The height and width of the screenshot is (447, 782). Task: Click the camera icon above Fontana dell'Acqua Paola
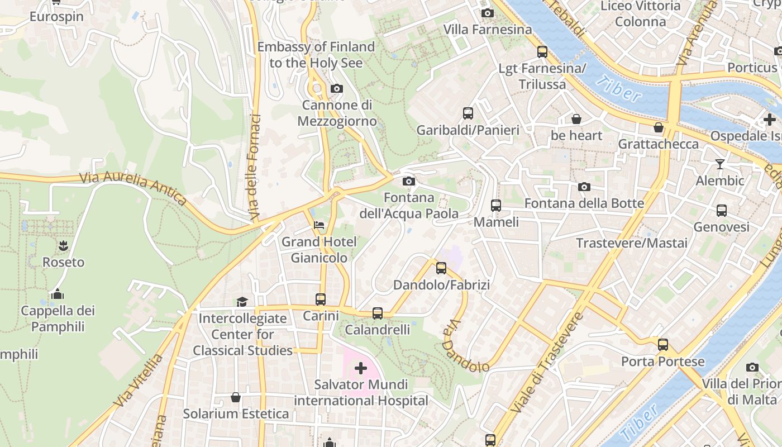409,181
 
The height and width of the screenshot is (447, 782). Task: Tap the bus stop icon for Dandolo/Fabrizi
441,268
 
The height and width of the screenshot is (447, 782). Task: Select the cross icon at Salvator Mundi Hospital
361,368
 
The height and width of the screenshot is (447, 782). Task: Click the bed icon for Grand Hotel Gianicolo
319,226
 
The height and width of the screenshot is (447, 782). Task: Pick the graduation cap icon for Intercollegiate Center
242,302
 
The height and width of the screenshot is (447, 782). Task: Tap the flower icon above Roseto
63,245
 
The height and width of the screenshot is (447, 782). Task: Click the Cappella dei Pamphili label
58,318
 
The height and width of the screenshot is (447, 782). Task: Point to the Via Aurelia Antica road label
133,187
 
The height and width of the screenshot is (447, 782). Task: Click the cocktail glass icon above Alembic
719,164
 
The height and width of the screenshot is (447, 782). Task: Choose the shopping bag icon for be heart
576,119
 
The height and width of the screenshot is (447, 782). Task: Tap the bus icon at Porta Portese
663,344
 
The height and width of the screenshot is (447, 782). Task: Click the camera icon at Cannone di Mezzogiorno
336,88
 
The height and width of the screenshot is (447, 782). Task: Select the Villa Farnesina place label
488,29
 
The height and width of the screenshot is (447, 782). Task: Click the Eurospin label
56,17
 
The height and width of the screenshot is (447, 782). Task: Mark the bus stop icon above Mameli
495,205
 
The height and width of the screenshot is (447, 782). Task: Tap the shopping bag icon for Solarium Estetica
236,397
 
